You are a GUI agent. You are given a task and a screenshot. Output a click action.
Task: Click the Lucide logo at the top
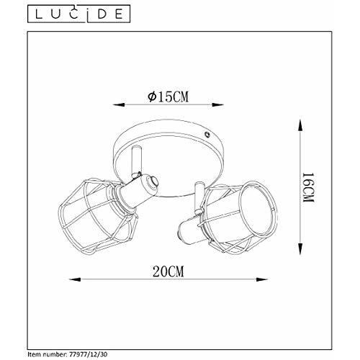78,14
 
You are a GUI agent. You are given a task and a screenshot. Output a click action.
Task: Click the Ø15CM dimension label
168,97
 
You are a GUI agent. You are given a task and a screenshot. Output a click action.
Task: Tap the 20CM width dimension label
168,271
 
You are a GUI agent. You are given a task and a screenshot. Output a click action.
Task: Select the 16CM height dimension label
308,187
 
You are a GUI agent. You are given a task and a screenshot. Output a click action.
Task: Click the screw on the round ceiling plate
207,135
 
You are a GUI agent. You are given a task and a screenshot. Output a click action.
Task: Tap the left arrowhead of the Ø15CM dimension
119,104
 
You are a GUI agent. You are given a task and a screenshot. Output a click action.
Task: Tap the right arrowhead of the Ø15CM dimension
217,104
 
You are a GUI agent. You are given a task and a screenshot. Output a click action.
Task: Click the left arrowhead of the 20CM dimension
75,279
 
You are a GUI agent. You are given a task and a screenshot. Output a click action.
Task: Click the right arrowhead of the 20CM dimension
261,279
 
